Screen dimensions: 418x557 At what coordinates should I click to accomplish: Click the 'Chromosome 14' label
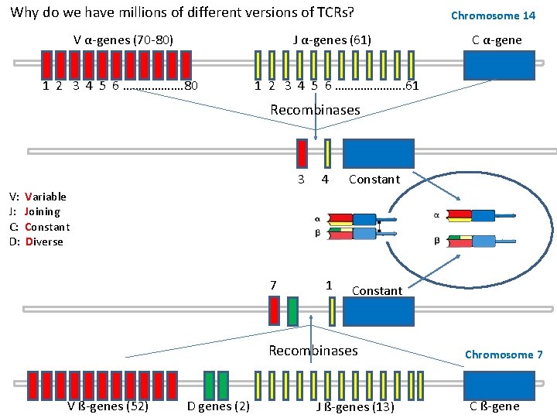coord(493,15)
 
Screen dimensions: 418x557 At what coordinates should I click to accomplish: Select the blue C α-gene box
coord(499,65)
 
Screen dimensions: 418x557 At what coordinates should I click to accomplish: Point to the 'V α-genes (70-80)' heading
coord(123,40)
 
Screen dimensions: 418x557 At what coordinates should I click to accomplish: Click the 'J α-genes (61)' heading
coord(332,40)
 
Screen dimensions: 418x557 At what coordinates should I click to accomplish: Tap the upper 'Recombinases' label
coord(315,110)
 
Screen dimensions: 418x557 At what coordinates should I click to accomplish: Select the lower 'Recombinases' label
coord(313,351)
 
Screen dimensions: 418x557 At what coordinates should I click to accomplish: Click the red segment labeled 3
coord(302,153)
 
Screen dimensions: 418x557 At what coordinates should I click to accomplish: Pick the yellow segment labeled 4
coord(328,153)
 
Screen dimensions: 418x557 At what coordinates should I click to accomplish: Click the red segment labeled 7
coord(275,311)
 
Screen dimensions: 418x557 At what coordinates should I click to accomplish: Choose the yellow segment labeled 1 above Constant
coord(332,311)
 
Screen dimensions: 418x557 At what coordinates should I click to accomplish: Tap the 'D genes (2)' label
coord(218,406)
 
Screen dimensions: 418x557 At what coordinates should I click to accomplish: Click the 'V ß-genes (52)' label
coord(108,406)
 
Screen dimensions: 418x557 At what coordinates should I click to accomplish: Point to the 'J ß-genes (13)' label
coord(356,406)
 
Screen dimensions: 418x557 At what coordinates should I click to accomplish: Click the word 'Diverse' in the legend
coord(44,242)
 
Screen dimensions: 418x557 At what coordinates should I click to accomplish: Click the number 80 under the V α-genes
coord(192,86)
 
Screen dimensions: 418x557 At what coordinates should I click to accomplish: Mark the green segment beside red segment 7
coord(292,311)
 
